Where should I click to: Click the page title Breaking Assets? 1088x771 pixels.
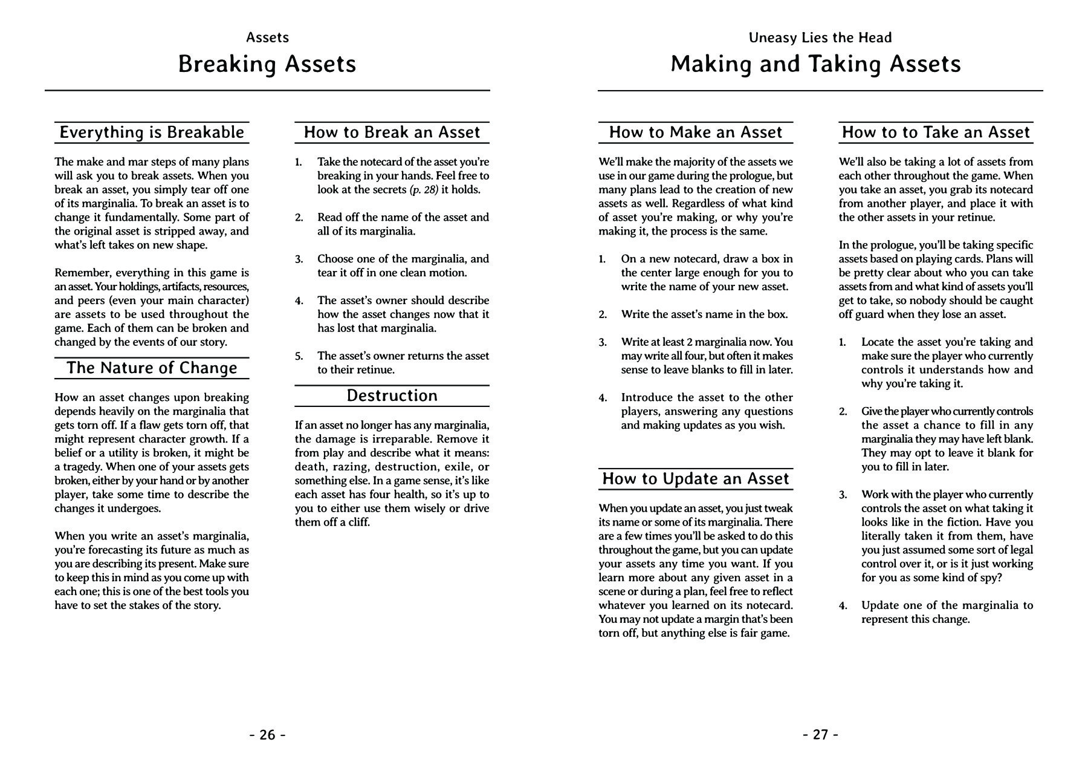(x=267, y=64)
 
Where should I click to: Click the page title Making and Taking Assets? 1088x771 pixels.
(x=815, y=64)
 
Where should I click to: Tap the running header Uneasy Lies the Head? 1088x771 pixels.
(x=820, y=37)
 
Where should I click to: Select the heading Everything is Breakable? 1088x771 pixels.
(x=152, y=132)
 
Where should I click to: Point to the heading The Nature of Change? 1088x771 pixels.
(x=152, y=368)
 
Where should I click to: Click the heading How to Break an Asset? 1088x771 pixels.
(x=392, y=132)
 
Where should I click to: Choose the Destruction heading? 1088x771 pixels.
(x=392, y=395)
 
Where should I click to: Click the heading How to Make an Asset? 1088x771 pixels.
(x=696, y=132)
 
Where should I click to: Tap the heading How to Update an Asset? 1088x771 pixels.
(x=696, y=479)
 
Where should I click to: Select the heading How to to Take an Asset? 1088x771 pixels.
(x=936, y=132)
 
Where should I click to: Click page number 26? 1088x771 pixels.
(x=267, y=735)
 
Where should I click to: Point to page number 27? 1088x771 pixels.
(x=820, y=735)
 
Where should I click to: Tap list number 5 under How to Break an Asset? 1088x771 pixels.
(x=299, y=356)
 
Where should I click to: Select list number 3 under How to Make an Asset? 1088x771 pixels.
(x=603, y=342)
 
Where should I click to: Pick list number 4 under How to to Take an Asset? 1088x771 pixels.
(x=843, y=605)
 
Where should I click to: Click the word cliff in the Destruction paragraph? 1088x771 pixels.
(x=356, y=522)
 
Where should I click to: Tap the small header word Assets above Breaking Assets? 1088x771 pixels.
(x=267, y=37)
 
